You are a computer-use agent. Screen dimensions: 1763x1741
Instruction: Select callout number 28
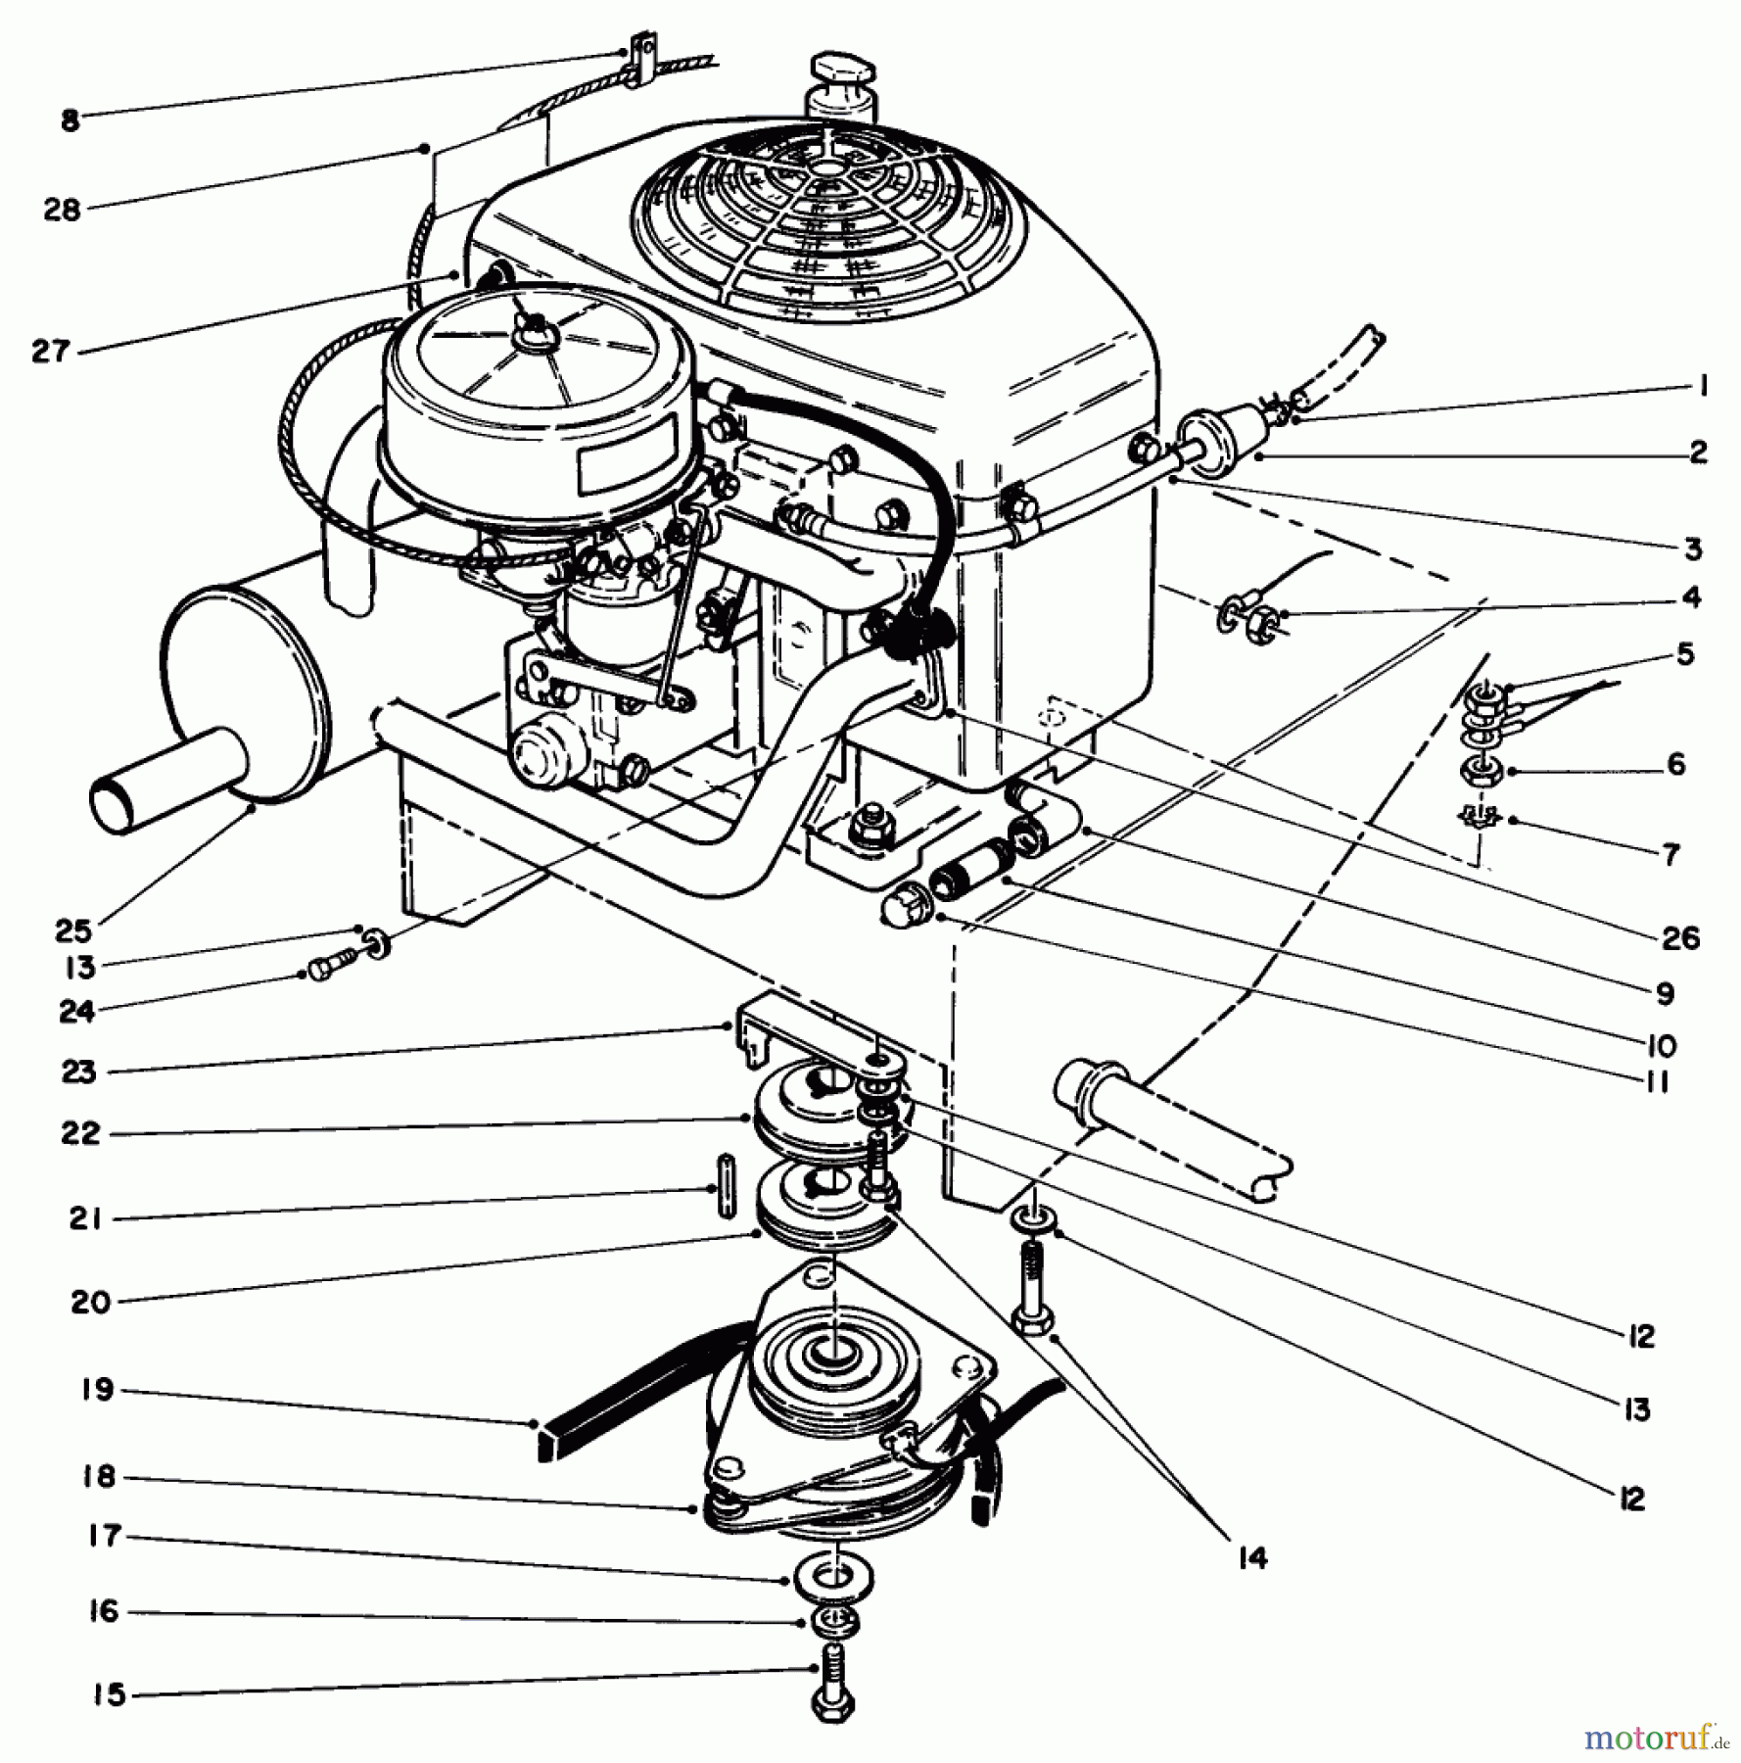tap(61, 210)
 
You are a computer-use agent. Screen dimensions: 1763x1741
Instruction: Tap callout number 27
tap(52, 352)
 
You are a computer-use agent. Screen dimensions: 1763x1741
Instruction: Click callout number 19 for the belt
tap(99, 1390)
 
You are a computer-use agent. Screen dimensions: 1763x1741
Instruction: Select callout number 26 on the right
tap(1680, 937)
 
